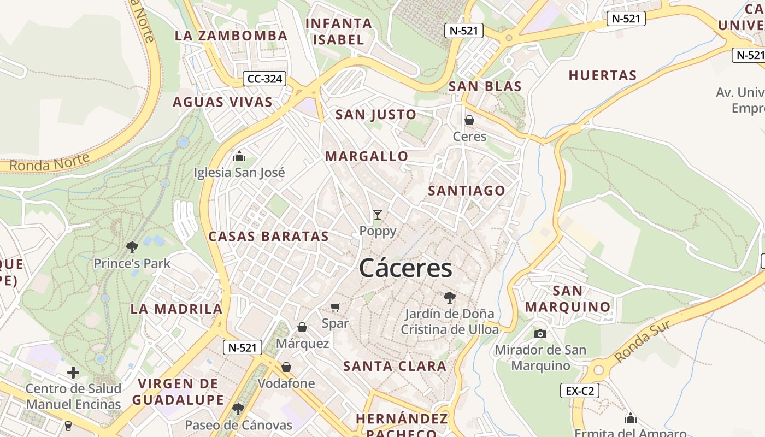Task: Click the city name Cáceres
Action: point(406,268)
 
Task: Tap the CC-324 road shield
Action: point(264,79)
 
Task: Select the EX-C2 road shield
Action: point(580,391)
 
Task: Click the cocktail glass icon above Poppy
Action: point(378,215)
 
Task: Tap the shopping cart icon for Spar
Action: point(335,308)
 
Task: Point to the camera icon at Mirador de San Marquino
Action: point(540,334)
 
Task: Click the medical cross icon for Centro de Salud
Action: point(73,373)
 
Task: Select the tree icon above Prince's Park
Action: point(132,247)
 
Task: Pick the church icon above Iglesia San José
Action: point(239,157)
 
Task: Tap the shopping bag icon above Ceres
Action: point(469,120)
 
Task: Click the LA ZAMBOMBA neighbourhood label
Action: point(231,36)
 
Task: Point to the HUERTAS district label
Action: point(603,75)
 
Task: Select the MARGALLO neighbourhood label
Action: point(367,156)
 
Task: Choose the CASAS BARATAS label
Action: point(268,237)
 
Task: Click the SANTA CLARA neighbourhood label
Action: point(395,366)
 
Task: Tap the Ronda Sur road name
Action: point(642,341)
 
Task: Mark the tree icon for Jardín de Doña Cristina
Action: point(450,298)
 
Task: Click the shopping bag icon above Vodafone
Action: point(286,367)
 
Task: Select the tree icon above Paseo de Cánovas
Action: point(238,409)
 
